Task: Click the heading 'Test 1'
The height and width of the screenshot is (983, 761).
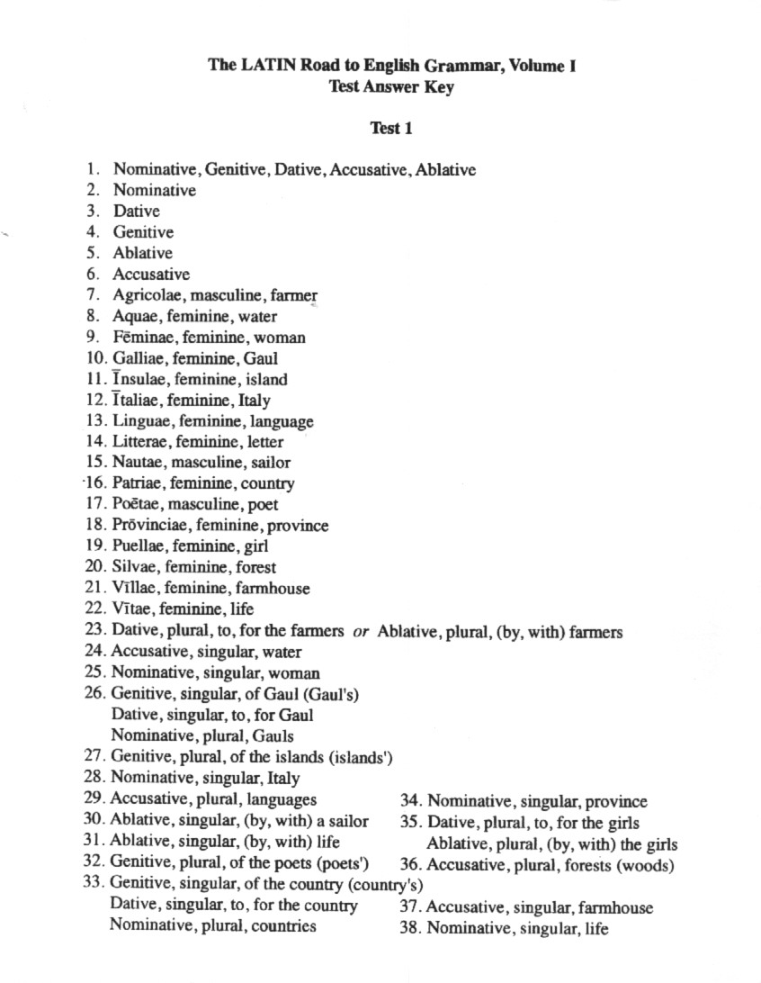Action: [x=390, y=128]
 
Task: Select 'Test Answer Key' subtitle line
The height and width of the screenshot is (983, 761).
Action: [x=390, y=87]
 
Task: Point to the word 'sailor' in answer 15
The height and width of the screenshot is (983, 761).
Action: [x=271, y=463]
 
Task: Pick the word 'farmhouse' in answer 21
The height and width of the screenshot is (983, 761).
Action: [x=277, y=589]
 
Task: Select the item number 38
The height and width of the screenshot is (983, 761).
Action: [x=410, y=928]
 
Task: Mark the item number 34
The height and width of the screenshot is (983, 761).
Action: [x=410, y=801]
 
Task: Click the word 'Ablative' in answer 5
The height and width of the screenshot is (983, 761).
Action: [x=142, y=254]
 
